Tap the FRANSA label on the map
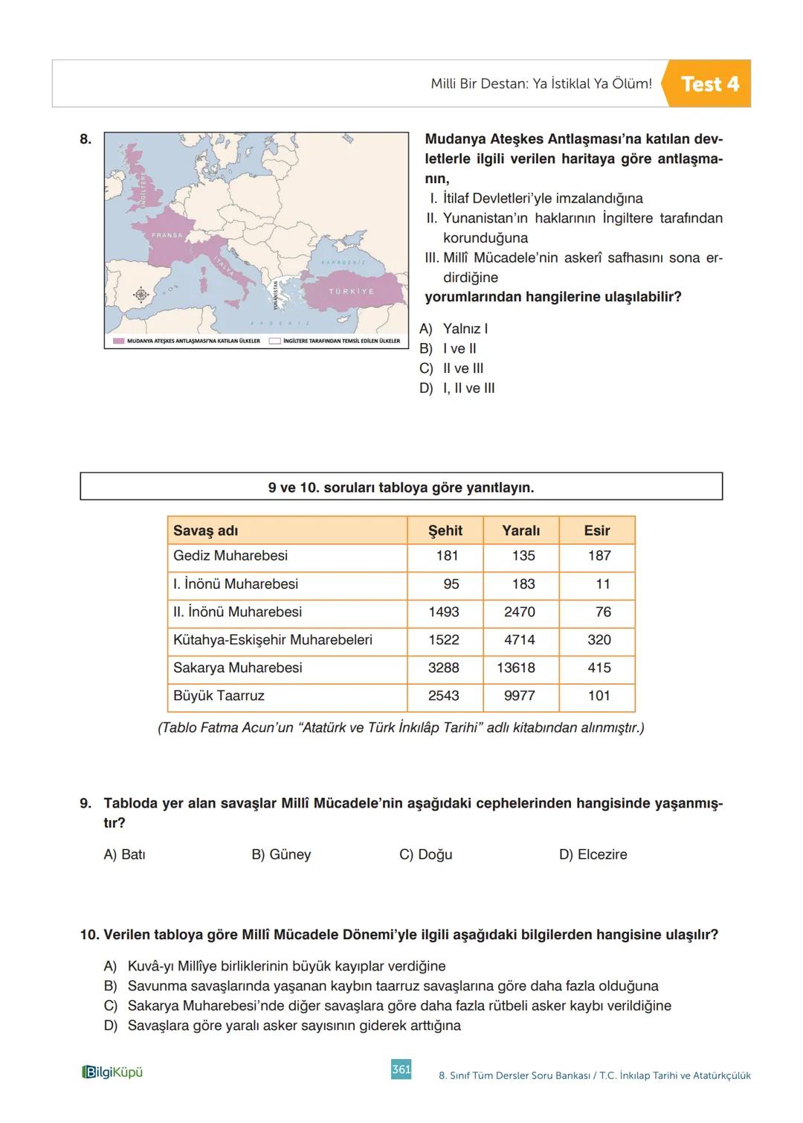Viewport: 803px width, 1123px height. pos(167,235)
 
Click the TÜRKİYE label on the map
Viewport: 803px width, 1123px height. pos(352,291)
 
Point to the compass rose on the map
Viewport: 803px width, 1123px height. pos(141,294)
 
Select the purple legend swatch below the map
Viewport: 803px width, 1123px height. pos(118,341)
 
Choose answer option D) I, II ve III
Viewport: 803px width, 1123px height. pos(457,388)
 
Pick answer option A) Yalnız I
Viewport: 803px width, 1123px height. pos(454,329)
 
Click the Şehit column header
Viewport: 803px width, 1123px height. pos(445,531)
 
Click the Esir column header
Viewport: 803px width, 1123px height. pos(596,531)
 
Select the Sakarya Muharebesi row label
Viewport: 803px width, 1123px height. pos(238,668)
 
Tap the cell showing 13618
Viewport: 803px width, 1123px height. pos(516,668)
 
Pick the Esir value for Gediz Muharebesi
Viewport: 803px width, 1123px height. pos(599,556)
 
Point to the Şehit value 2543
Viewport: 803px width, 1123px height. pos(443,696)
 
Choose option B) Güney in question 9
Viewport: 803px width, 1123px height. pos(281,854)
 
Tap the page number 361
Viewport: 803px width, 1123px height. pos(401,1069)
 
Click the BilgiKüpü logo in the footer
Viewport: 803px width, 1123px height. pos(112,1072)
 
